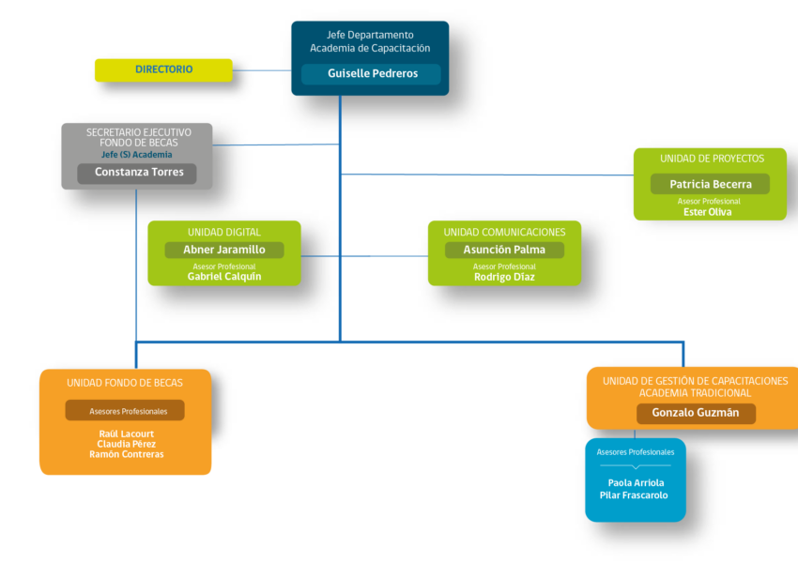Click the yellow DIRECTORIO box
[163, 70]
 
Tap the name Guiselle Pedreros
[373, 73]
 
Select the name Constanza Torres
[139, 172]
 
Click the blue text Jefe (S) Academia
[136, 155]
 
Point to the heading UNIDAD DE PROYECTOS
[712, 159]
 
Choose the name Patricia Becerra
[711, 184]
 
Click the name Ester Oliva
[708, 212]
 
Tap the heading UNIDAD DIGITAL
[224, 233]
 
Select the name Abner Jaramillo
[224, 250]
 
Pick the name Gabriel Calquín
[224, 277]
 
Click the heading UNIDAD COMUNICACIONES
[504, 233]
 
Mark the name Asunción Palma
[504, 250]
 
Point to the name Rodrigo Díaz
[504, 277]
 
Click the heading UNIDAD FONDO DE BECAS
[125, 383]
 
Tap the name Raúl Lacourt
[126, 434]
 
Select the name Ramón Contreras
[126, 454]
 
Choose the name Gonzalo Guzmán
[695, 413]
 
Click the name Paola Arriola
[636, 482]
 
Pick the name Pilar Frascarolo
[634, 495]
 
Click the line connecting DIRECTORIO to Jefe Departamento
[262, 70]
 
